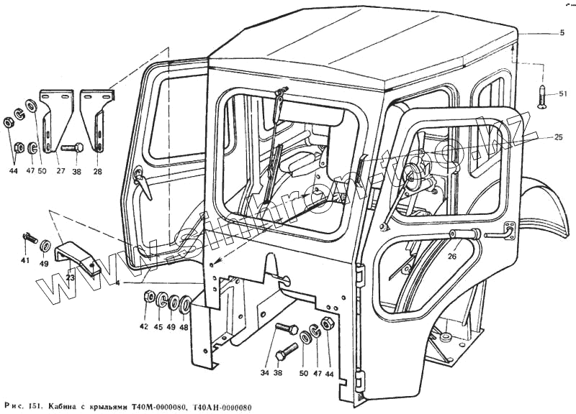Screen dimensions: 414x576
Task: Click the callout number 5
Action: pyautogui.click(x=561, y=32)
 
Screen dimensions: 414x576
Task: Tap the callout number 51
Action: pyautogui.click(x=563, y=94)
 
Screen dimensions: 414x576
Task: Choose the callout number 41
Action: pyautogui.click(x=25, y=259)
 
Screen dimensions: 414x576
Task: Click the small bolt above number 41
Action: pyautogui.click(x=30, y=236)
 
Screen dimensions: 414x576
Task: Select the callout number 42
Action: pyautogui.click(x=144, y=327)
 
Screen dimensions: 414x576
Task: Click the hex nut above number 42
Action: pyautogui.click(x=148, y=296)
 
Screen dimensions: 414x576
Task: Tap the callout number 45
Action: pyautogui.click(x=158, y=327)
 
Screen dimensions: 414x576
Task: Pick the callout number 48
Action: pyautogui.click(x=184, y=327)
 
